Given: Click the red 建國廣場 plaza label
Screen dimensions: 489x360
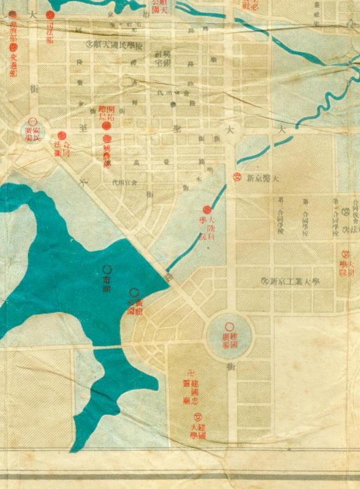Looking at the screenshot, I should coord(230,335).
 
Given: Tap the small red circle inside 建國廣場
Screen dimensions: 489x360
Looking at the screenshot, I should coord(229,326).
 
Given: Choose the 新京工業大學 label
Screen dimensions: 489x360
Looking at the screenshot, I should coord(295,282).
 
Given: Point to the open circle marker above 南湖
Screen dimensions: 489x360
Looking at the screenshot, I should coord(108,270).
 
